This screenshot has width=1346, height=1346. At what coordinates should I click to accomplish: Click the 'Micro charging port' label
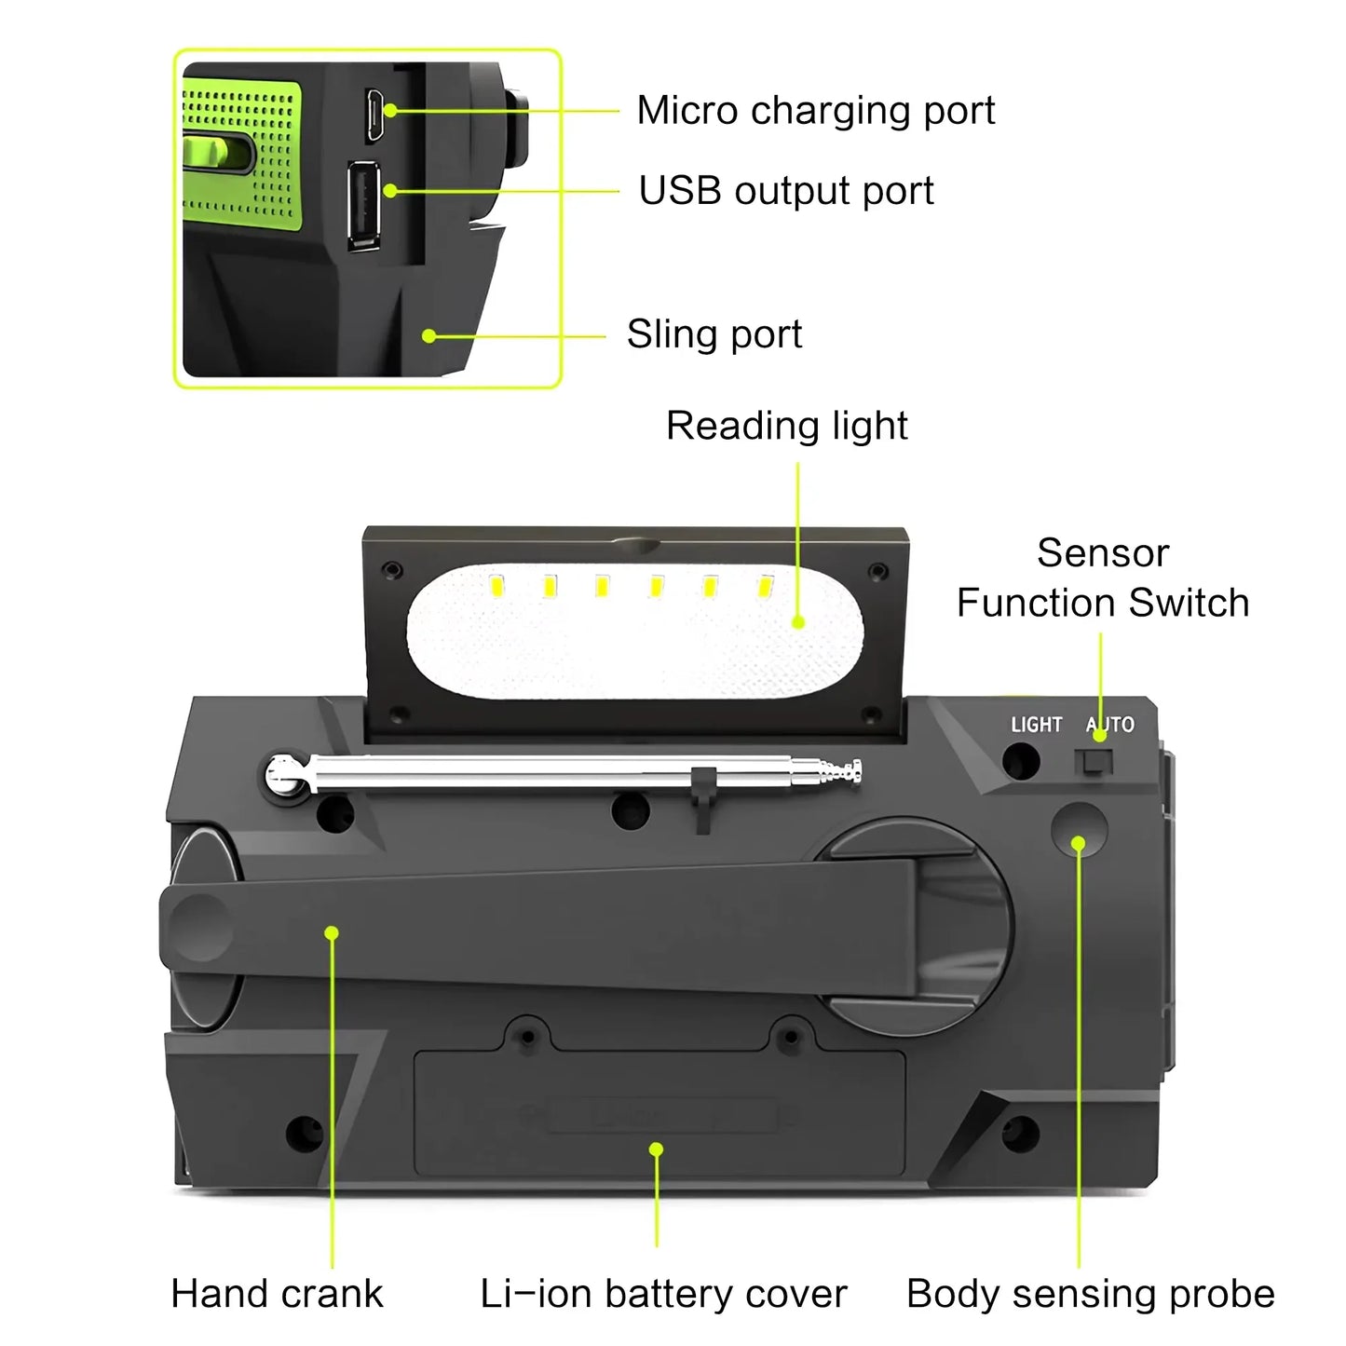coord(815,111)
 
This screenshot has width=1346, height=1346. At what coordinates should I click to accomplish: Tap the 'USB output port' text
coord(785,191)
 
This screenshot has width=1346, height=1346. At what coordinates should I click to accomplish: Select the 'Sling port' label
coord(714,334)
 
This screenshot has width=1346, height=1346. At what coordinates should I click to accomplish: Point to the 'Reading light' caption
coord(786,426)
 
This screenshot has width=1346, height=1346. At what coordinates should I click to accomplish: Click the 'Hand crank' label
coord(277,1294)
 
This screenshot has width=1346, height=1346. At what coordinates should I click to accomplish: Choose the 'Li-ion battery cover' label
coord(663,1294)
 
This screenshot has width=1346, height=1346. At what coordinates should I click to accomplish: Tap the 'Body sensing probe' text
coord(1090,1294)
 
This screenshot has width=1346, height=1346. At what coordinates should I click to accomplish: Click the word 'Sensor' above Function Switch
coord(1103,553)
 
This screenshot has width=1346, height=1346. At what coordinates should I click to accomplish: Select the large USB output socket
coord(364,205)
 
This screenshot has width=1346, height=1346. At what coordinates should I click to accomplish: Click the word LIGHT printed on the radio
coord(1036,725)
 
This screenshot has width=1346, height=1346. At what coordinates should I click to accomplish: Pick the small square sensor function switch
coord(1094,762)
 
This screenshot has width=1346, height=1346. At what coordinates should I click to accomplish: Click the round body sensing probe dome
coord(1079,828)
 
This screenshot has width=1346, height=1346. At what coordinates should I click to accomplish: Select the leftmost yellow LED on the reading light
coord(496,587)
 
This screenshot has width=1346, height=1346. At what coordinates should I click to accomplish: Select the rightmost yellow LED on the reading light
coord(765,587)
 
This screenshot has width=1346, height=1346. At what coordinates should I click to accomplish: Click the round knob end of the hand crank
coord(197,927)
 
